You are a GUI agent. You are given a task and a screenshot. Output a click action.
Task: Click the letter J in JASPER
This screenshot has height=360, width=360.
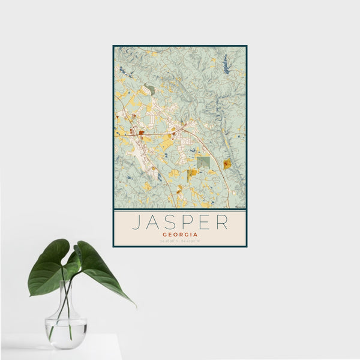point(136,222)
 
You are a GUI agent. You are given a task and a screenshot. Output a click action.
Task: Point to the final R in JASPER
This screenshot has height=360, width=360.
point(223,222)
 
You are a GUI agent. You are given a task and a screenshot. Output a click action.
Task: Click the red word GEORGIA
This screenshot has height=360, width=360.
point(179,235)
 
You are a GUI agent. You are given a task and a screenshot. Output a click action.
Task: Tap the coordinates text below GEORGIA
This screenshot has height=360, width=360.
point(179,241)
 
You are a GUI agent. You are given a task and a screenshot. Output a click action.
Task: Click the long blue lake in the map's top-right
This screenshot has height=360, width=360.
point(226,64)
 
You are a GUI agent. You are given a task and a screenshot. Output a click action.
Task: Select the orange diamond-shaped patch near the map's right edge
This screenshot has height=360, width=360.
point(227,163)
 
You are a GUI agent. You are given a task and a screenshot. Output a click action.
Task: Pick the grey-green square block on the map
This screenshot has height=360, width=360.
point(204,162)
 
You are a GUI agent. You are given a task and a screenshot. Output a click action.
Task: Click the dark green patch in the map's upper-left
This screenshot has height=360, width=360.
point(150,89)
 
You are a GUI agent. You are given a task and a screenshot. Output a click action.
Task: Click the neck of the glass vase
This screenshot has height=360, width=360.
point(66,300)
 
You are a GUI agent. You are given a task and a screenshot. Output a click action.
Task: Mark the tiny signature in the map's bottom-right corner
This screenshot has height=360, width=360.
point(239,206)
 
